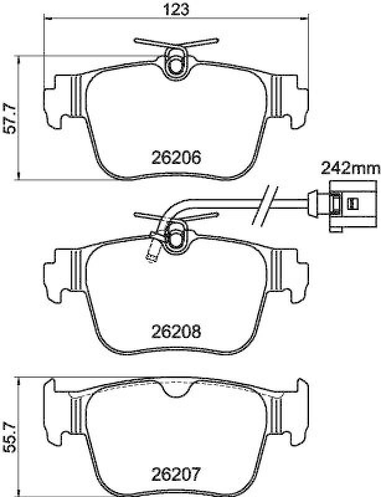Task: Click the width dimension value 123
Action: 177,9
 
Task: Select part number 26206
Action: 177,158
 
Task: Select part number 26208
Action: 177,332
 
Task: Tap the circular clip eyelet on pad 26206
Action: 176,63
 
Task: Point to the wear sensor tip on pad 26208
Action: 150,255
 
